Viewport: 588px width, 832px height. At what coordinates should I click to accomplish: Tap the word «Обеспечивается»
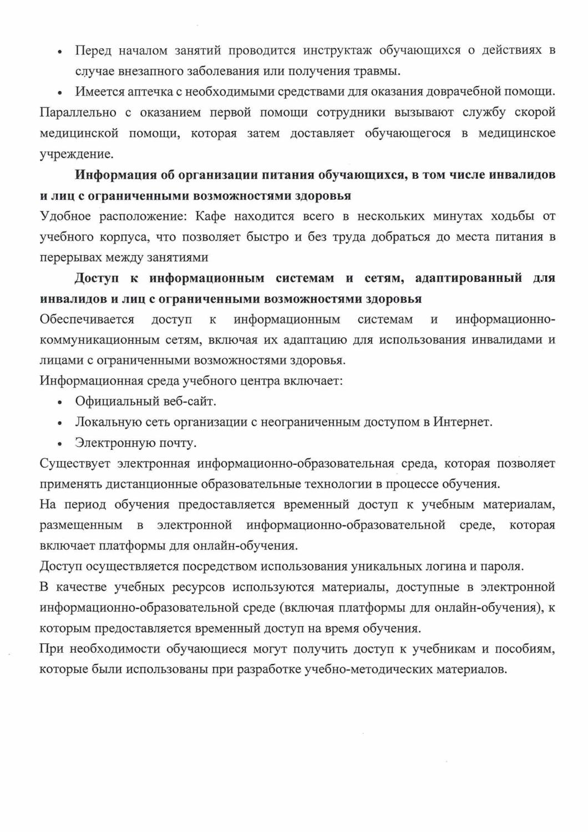pos(87,319)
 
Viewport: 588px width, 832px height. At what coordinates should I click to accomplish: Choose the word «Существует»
pos(75,464)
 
